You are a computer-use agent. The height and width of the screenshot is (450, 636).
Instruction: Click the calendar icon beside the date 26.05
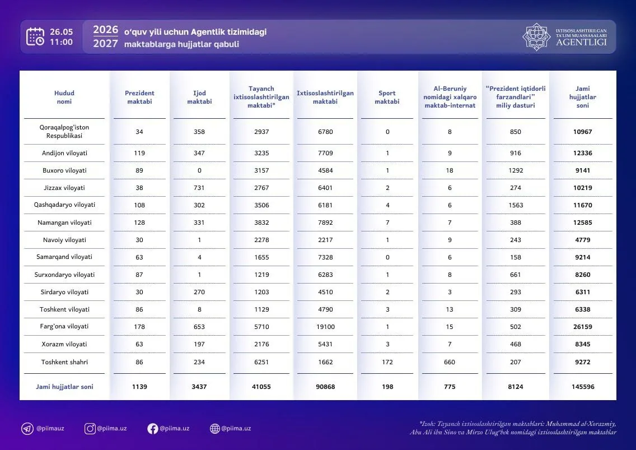(35, 36)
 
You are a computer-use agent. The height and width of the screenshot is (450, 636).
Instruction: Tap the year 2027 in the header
(105, 44)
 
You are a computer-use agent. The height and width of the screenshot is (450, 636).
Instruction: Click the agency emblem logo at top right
(536, 36)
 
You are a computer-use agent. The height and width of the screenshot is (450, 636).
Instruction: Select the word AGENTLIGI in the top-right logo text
(581, 42)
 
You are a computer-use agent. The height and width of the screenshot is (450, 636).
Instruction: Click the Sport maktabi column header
(387, 97)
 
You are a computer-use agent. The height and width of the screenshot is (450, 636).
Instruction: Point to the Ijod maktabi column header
(199, 97)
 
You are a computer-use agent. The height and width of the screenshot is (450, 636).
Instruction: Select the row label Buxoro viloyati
(64, 170)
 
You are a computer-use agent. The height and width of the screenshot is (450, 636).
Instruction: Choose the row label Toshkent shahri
(64, 362)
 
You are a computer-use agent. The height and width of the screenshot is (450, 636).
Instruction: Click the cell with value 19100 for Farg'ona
(325, 327)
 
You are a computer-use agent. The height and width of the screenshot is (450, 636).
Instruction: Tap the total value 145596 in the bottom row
(583, 387)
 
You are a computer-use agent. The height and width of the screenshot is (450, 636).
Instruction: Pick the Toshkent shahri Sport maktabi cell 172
(387, 362)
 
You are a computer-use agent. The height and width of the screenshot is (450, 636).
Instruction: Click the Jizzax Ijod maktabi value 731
(199, 188)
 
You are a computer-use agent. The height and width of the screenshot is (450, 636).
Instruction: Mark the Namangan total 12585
(583, 222)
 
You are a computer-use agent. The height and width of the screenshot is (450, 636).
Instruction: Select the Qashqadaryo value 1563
(516, 205)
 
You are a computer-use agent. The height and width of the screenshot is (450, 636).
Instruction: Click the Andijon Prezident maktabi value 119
(139, 153)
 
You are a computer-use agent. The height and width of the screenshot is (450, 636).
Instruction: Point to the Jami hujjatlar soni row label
(64, 387)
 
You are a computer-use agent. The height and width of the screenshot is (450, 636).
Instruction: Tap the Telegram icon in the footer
(27, 429)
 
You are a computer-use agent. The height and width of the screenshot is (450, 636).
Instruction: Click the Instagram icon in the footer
(90, 429)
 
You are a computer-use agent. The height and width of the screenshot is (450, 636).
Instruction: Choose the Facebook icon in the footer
(152, 429)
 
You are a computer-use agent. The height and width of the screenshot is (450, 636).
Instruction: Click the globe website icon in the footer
(215, 429)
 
